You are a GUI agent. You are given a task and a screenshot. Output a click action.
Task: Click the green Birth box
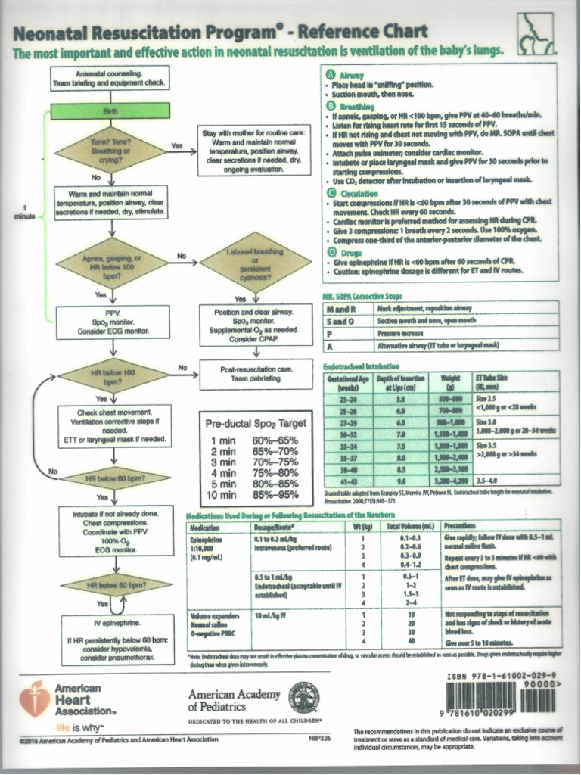(110, 112)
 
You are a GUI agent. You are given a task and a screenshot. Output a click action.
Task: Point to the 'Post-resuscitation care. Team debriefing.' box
(256, 372)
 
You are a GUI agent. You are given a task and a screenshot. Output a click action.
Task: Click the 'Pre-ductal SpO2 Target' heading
(256, 423)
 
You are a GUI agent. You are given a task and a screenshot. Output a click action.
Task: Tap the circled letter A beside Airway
(330, 75)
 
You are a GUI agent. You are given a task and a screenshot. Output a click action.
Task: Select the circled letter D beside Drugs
(330, 251)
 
